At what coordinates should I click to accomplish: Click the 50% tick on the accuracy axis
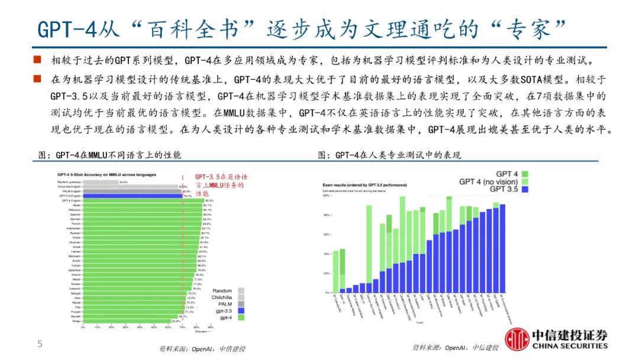(x=154, y=327)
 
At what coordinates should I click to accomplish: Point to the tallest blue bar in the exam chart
(x=502, y=249)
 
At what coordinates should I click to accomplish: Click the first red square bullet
(x=37, y=60)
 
